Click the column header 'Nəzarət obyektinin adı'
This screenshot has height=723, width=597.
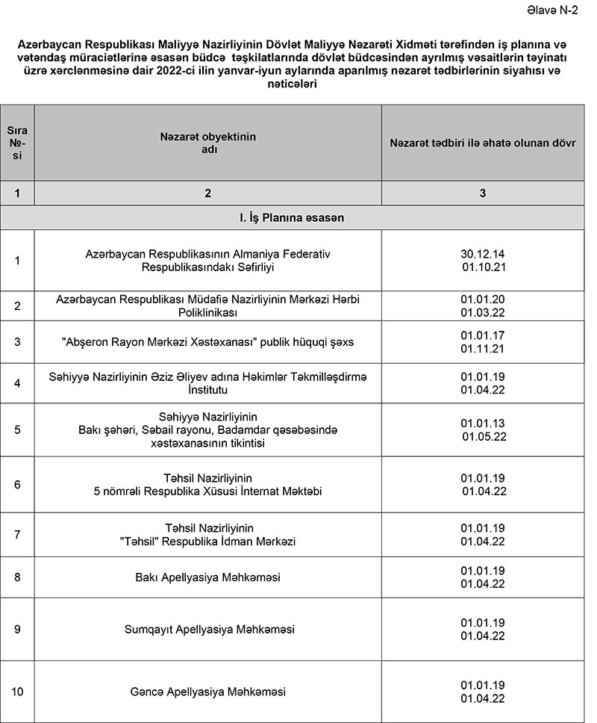pos(208,143)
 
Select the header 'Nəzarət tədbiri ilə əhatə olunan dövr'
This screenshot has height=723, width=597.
pos(482,143)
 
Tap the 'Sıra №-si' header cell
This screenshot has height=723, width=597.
pos(17,143)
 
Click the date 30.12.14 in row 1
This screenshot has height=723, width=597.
pos(483,254)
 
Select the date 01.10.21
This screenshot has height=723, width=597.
pos(484,267)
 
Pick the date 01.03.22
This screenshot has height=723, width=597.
pos(483,311)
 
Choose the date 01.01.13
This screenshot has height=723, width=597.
pos(483,423)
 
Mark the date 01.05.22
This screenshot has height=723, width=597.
pos(484,435)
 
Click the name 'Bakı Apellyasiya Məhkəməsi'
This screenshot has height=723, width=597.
pos(208,577)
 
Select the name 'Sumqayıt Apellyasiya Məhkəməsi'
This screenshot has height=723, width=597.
pos(209,630)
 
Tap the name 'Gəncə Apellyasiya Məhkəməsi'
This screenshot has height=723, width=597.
pos(208,692)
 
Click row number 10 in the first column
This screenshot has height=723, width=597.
pos(17,692)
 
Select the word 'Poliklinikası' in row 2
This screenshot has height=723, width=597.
pos(208,311)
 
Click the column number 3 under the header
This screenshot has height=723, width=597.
pos(482,193)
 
